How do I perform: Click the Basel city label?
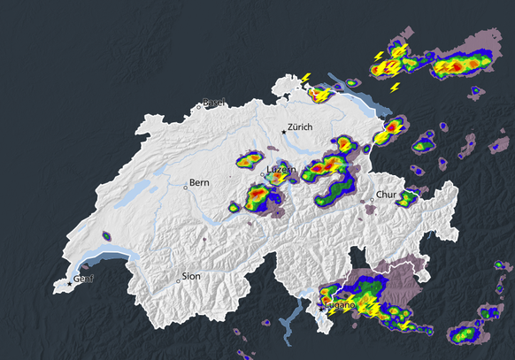pyautogui.click(x=214, y=102)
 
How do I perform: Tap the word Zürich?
pyautogui.click(x=301, y=127)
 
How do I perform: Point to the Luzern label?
pyautogui.click(x=280, y=169)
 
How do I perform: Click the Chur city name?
pyautogui.click(x=386, y=195)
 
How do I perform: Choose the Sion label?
pyautogui.click(x=191, y=276)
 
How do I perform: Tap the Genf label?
pyautogui.click(x=83, y=280)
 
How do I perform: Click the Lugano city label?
pyautogui.click(x=341, y=305)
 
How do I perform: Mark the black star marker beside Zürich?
pyautogui.click(x=284, y=132)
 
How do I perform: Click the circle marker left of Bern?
pyautogui.click(x=186, y=186)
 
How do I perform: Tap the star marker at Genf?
pyautogui.click(x=70, y=284)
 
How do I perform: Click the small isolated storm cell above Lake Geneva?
pyautogui.click(x=106, y=237)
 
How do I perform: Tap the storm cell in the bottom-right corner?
pyautogui.click(x=462, y=334)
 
